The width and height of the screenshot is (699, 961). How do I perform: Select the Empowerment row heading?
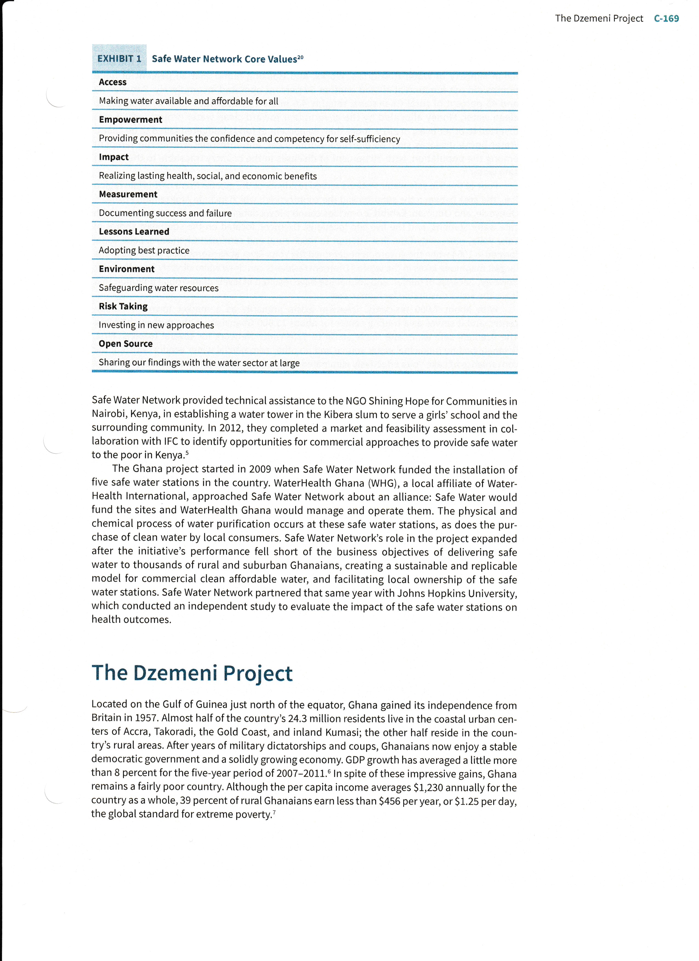130,120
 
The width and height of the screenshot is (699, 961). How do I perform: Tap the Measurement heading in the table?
128,194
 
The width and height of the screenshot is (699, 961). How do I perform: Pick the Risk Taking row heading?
123,306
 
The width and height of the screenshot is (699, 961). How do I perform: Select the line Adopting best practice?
144,250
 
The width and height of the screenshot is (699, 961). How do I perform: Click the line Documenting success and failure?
165,213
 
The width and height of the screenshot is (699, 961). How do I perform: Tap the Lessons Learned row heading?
134,231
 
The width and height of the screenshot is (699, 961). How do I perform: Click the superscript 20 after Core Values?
300,56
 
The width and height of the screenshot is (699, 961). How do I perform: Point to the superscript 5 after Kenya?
187,453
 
